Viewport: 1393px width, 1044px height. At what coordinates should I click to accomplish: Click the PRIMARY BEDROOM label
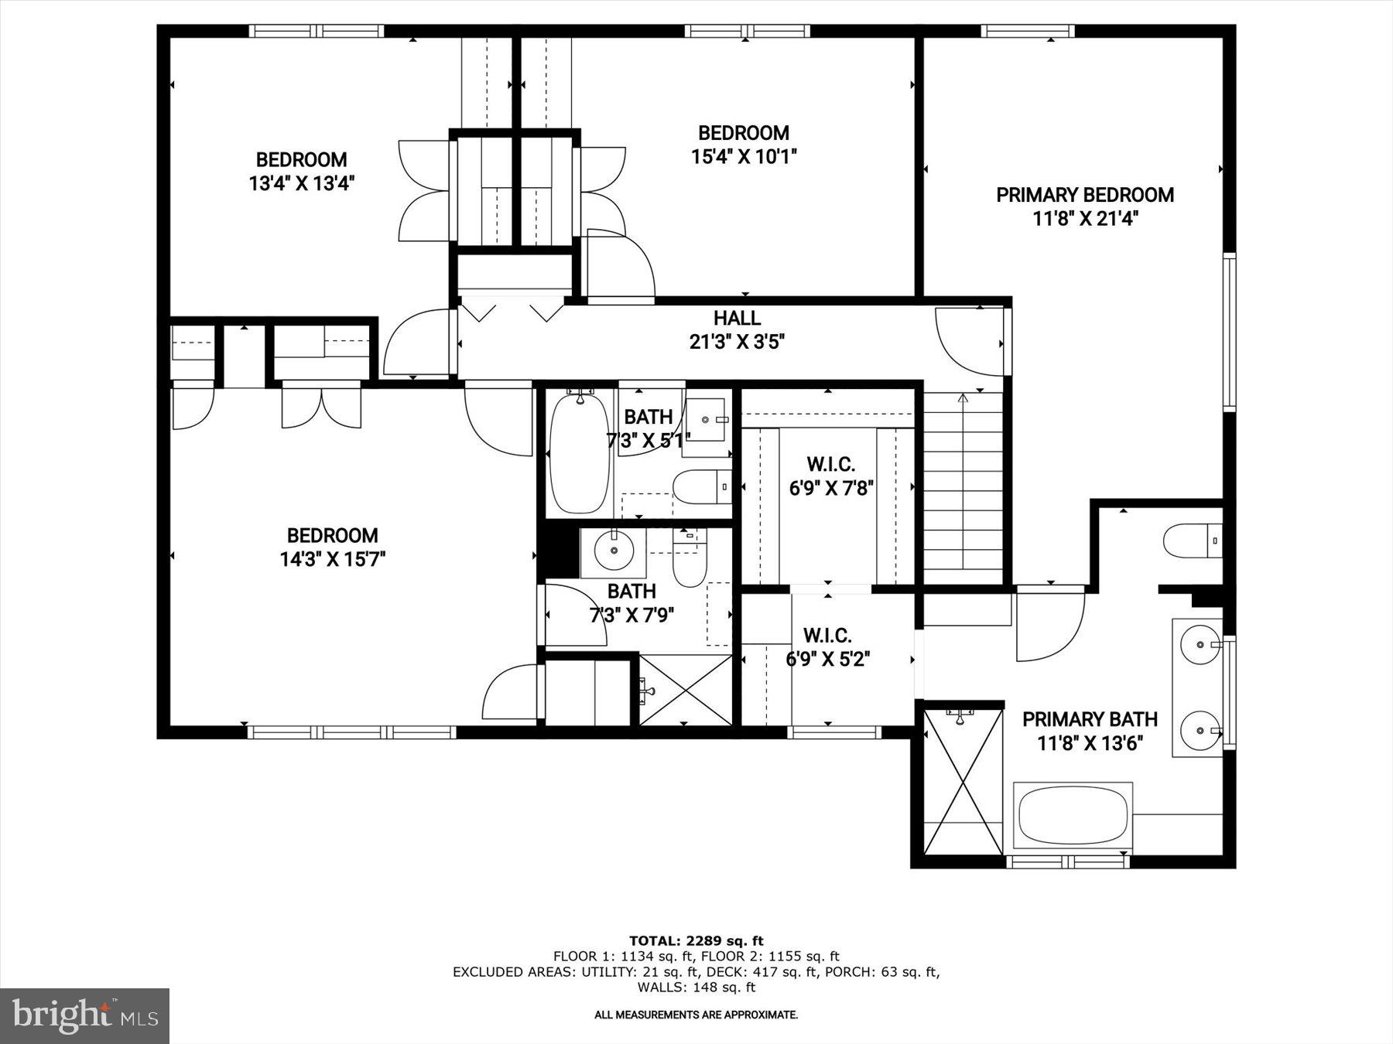click(1084, 195)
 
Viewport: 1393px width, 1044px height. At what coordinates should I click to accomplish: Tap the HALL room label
click(737, 318)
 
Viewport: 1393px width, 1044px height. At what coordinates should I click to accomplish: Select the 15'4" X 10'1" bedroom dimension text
click(744, 157)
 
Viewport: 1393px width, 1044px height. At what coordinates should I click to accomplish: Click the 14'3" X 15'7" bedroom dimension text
click(333, 559)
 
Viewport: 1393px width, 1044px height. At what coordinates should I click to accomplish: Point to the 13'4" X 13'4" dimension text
click(301, 184)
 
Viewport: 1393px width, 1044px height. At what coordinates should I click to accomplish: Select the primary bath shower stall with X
click(963, 782)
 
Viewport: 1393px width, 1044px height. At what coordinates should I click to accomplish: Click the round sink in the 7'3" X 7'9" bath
click(614, 551)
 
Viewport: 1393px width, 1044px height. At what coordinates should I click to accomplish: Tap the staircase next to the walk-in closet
click(963, 487)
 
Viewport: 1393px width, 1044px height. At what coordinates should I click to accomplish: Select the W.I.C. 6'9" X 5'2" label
click(827, 647)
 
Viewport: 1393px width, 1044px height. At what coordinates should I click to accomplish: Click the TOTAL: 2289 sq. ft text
click(696, 941)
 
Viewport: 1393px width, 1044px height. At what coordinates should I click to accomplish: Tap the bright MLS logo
click(84, 1015)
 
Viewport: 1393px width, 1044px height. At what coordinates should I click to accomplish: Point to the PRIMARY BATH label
click(1090, 720)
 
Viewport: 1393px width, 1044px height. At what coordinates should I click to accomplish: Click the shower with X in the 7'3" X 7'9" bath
click(685, 690)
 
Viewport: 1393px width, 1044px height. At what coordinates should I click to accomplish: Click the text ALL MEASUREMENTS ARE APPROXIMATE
click(696, 1015)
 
